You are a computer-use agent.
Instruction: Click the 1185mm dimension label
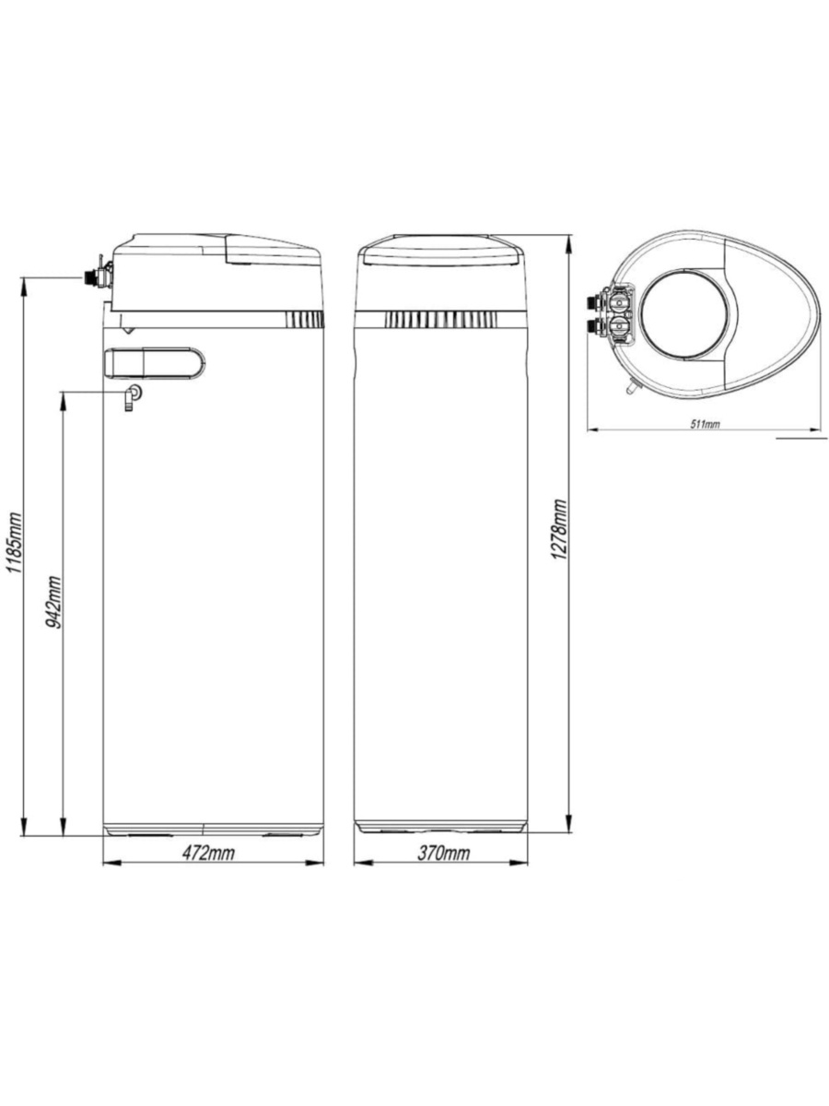coord(14,543)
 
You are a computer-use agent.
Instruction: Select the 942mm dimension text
coord(53,602)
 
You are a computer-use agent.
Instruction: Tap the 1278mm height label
coord(560,528)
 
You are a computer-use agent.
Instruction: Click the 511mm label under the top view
coord(704,424)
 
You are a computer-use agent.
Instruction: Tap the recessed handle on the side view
coord(154,363)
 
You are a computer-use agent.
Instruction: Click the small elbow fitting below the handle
coord(133,397)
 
